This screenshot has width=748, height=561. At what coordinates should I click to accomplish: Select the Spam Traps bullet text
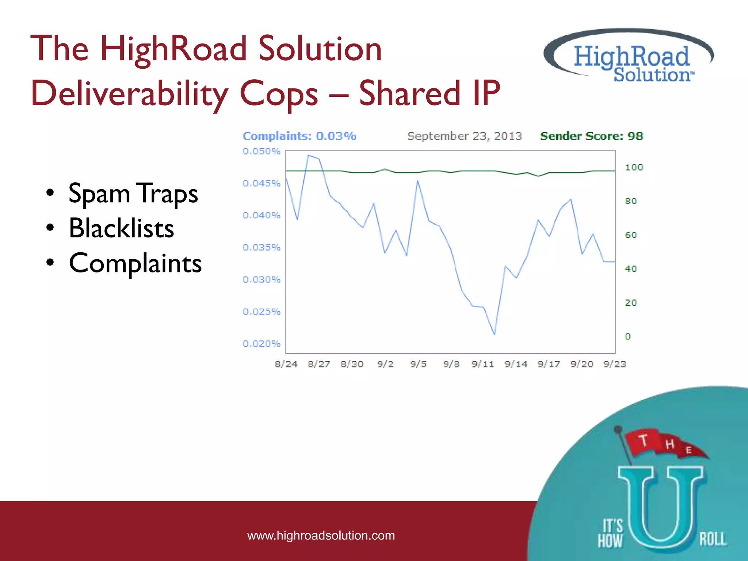click(133, 193)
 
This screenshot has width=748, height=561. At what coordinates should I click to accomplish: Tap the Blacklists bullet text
click(121, 228)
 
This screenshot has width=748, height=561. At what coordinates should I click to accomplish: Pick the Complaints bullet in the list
click(135, 263)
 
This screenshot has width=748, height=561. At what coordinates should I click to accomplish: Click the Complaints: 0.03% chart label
click(299, 136)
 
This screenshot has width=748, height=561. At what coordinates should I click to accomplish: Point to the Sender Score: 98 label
click(591, 136)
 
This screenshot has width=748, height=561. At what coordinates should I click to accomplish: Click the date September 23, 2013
click(465, 136)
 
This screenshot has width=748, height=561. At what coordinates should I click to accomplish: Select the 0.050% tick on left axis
click(262, 151)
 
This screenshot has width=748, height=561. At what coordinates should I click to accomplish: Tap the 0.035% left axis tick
click(262, 248)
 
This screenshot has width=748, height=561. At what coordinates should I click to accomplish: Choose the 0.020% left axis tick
click(262, 344)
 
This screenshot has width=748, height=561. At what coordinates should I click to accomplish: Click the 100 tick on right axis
click(634, 167)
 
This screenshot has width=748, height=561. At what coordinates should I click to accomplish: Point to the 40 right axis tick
click(631, 269)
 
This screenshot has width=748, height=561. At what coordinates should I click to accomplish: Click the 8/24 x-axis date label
click(286, 364)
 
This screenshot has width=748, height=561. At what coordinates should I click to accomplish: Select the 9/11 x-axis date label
click(482, 364)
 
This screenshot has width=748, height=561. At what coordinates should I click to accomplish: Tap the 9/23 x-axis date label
click(615, 364)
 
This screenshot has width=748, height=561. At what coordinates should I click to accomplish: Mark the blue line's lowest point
click(494, 334)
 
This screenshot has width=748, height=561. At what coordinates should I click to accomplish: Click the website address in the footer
click(321, 535)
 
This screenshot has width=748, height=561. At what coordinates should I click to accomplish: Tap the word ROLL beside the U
click(713, 539)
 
